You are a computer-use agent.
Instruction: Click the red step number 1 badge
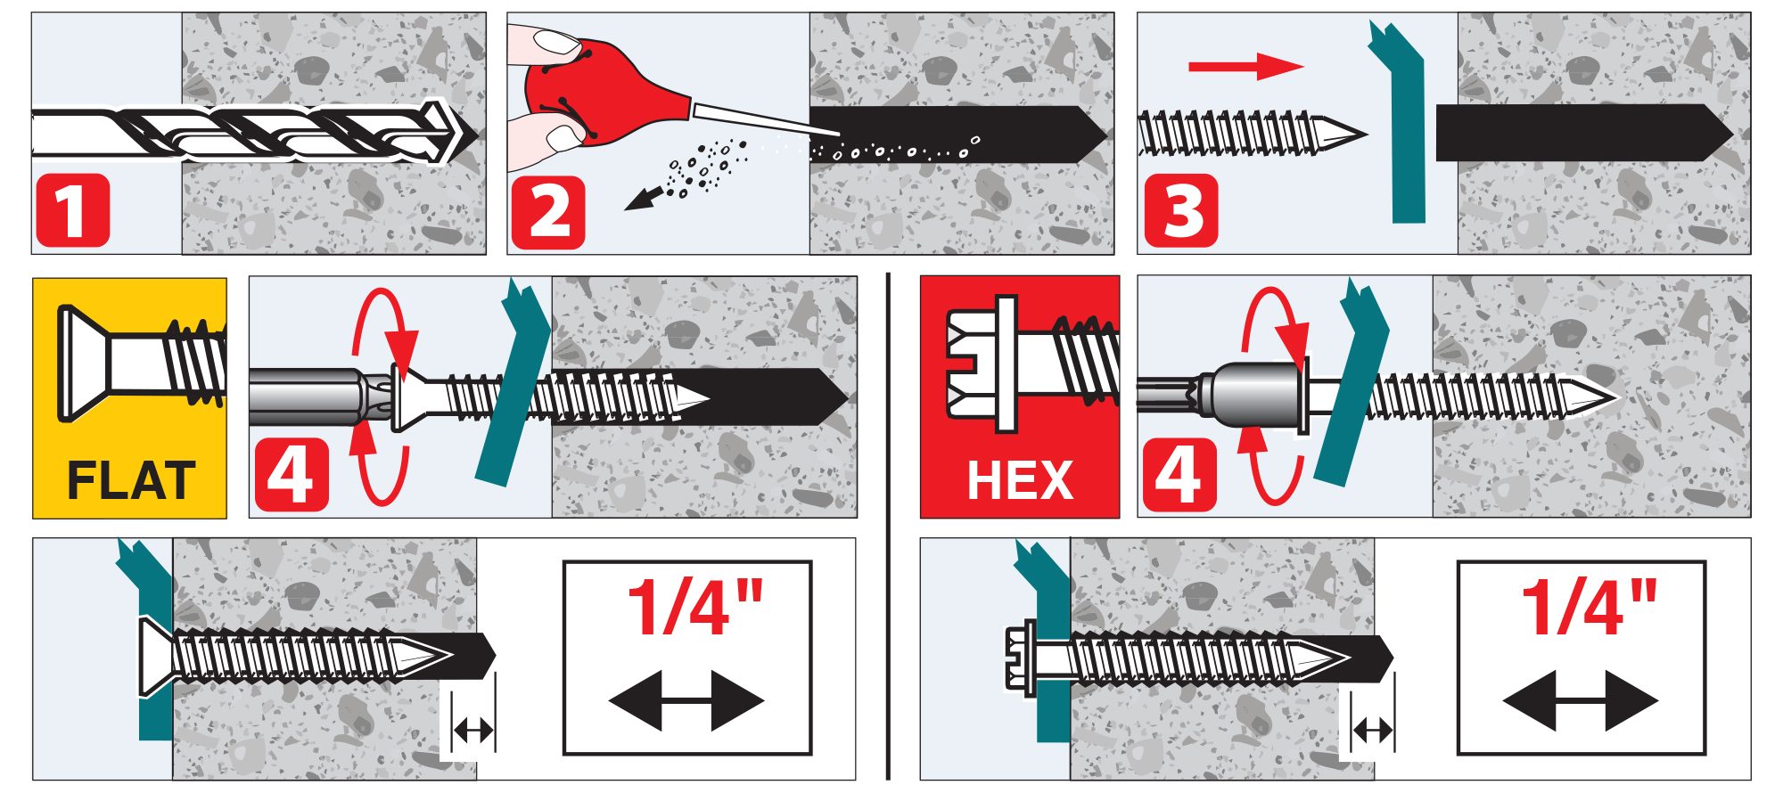coord(72,210)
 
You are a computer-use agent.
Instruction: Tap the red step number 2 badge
coord(548,212)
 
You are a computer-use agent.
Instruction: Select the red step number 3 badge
coord(1181,211)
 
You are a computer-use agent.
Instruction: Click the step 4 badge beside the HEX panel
coord(1179,475)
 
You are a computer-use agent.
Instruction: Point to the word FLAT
coord(131,481)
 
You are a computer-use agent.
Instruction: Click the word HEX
coord(1020,481)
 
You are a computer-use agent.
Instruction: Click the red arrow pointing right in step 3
coord(1246,66)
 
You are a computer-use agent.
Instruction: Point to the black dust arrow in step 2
coord(645,198)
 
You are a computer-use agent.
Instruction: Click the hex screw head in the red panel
coord(981,364)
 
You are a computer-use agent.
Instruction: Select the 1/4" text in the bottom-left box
coord(695,607)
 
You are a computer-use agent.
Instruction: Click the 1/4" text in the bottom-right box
coord(1589,607)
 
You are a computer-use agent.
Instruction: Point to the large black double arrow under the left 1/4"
coord(686,700)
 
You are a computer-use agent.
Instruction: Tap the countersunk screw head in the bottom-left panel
coord(157,656)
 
